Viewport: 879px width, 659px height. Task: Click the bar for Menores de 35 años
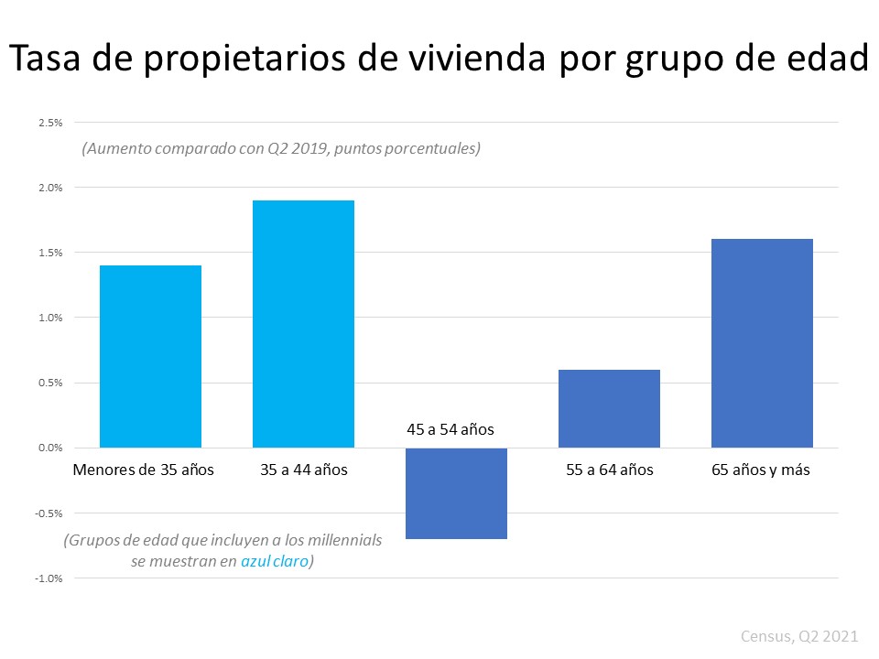(150, 356)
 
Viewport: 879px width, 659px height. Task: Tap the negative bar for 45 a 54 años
(456, 493)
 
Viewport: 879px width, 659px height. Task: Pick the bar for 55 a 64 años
(609, 408)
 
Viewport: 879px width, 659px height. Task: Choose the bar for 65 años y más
(762, 343)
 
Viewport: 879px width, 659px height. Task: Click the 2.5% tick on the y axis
(50, 123)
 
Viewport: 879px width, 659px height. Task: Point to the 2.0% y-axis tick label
(50, 188)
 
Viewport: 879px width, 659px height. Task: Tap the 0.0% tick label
(50, 448)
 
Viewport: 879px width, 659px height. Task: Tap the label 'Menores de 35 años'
(143, 470)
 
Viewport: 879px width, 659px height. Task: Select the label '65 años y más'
(760, 470)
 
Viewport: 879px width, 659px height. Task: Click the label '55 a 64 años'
(609, 470)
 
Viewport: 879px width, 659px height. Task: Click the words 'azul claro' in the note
(275, 562)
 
